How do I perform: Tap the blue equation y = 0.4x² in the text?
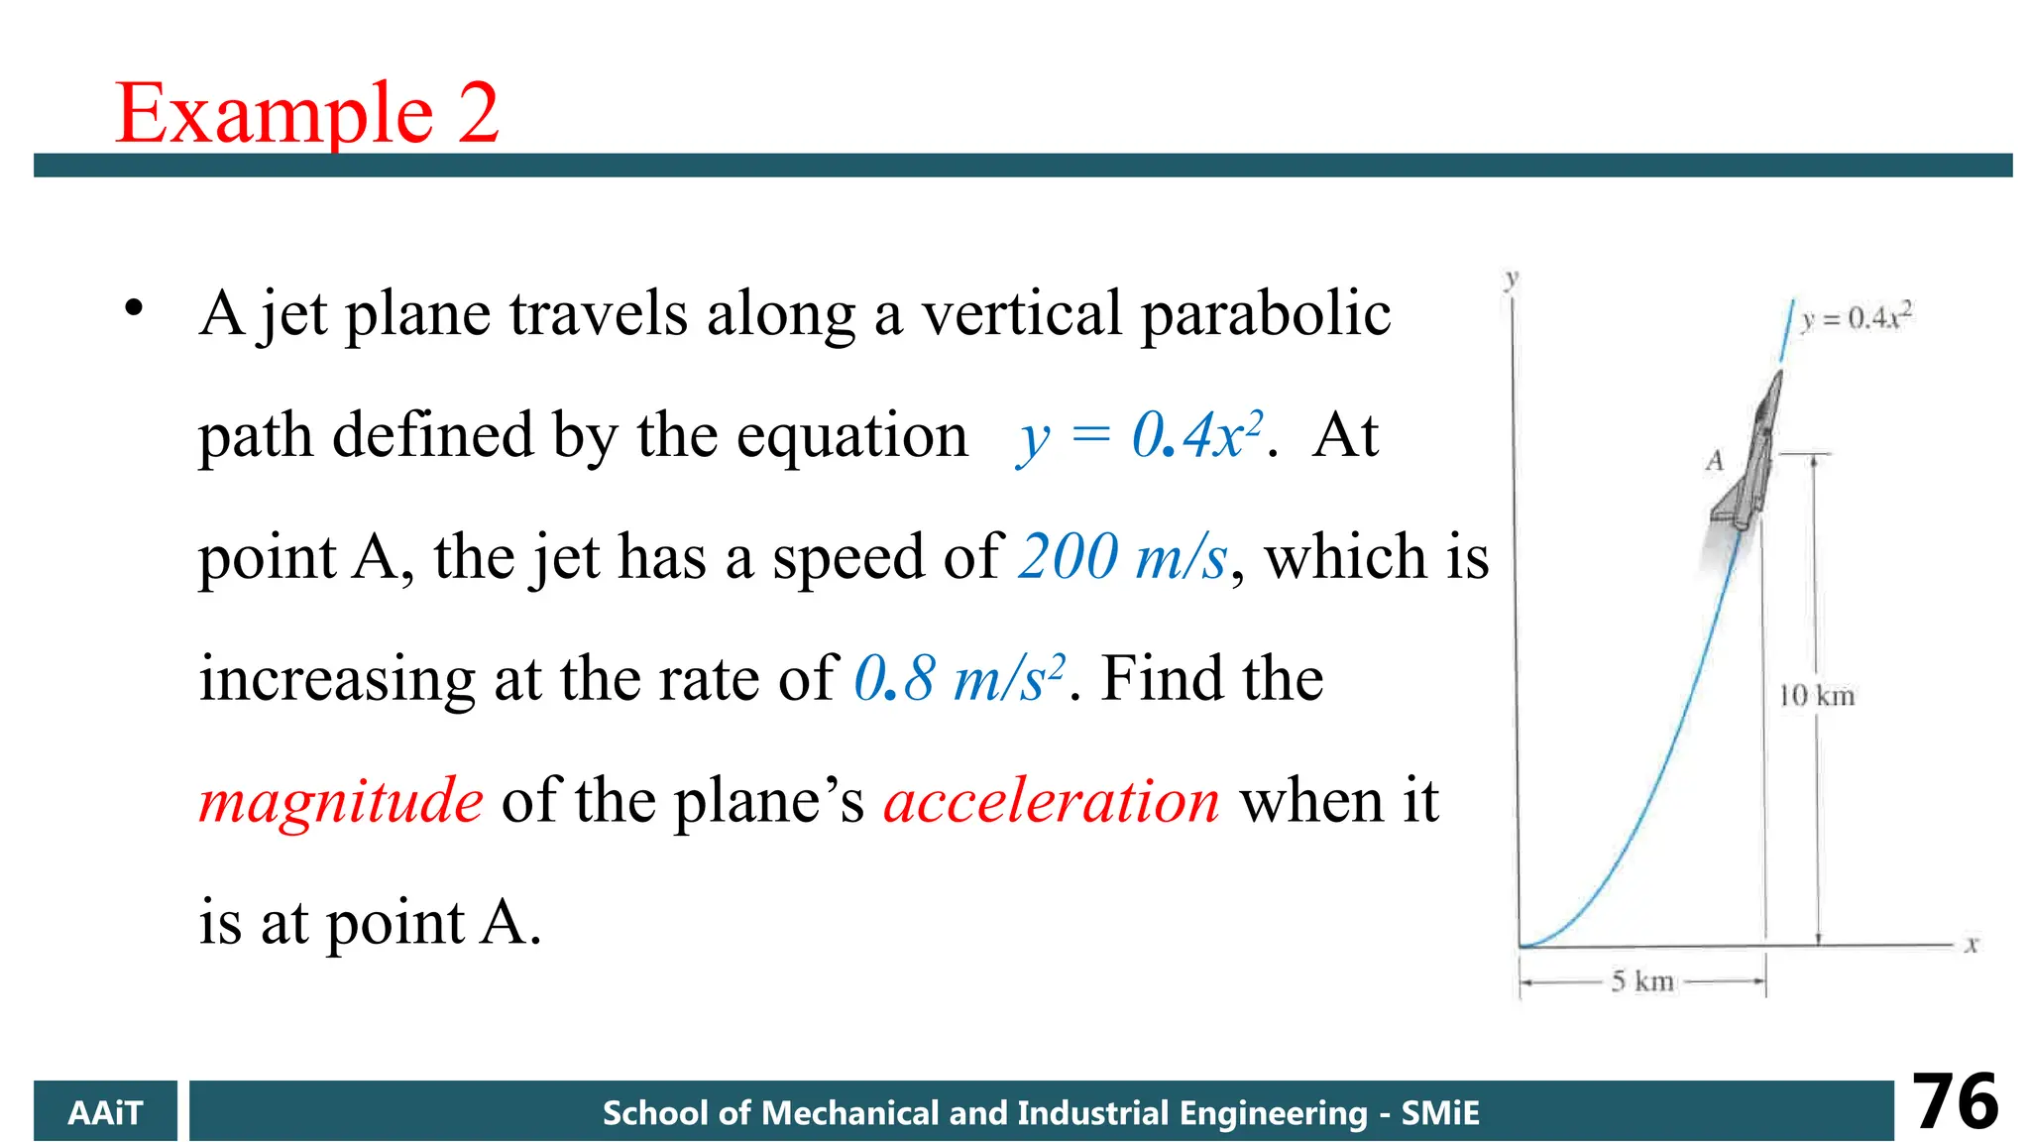[1140, 435]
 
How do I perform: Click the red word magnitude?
[341, 801]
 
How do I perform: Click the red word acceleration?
[1051, 801]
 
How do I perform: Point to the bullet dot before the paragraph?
[134, 308]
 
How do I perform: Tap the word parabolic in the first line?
[1266, 314]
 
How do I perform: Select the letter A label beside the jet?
[1715, 461]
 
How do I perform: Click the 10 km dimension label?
[1816, 696]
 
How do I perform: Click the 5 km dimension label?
[1642, 981]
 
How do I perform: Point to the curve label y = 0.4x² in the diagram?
[1857, 317]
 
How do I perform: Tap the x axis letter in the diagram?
[1972, 945]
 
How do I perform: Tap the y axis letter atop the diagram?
[1511, 279]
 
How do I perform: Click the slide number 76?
[1955, 1101]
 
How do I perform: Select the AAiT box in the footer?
[105, 1111]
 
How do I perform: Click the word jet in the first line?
[292, 314]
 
